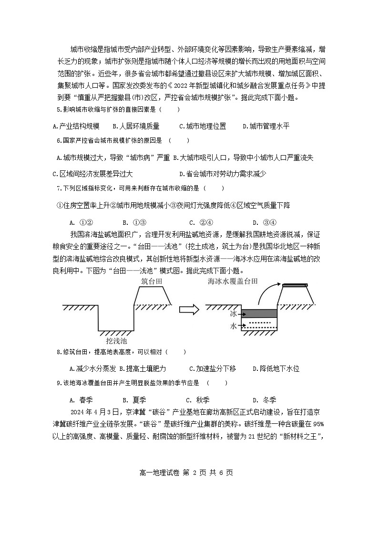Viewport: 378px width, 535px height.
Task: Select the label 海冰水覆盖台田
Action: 233,281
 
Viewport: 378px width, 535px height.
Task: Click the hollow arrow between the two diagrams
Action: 189,310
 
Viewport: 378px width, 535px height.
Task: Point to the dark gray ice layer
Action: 259,314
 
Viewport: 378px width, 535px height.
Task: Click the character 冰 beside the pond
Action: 233,314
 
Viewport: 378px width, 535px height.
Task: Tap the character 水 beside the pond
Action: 233,326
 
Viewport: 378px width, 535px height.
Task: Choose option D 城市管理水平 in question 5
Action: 266,126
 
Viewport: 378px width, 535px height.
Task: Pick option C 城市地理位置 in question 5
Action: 202,126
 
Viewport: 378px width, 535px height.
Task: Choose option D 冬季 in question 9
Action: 264,400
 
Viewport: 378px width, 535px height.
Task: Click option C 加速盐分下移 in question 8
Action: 212,368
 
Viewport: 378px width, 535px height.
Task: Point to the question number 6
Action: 59,140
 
